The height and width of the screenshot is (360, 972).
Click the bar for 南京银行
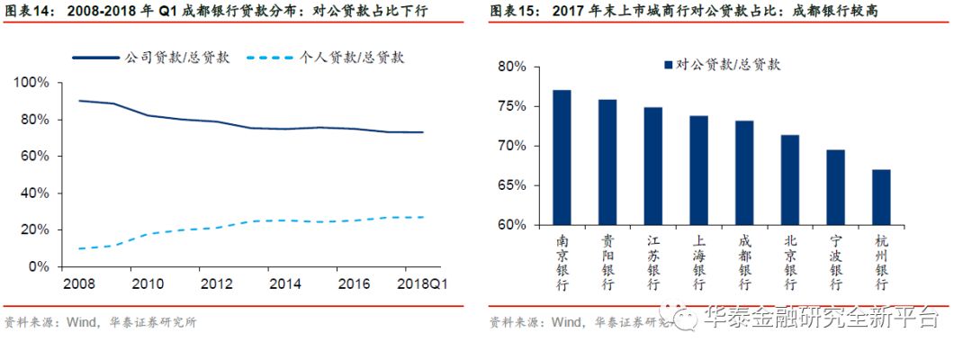[x=562, y=157]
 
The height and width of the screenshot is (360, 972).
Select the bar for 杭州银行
[x=881, y=197]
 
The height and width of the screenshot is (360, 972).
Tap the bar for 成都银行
[x=744, y=173]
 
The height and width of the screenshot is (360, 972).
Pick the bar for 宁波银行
[x=835, y=187]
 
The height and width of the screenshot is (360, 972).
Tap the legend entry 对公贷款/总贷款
[x=728, y=64]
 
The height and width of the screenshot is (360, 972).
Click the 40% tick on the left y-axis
[x=33, y=193]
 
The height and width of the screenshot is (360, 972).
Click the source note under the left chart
[x=100, y=322]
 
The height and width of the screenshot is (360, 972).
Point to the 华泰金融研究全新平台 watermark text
[x=819, y=318]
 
